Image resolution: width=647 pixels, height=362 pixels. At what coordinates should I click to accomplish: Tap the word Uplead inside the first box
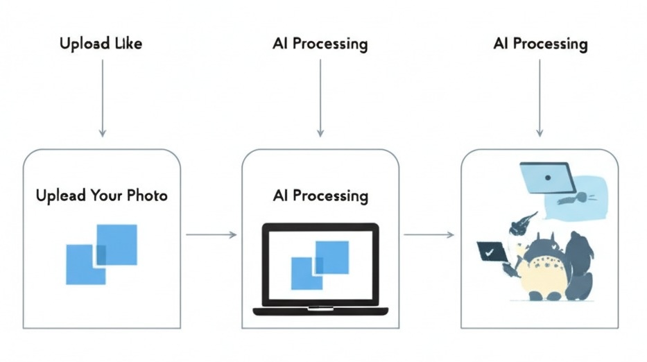coord(61,196)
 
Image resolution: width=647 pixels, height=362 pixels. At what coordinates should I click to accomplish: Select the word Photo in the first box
coord(147,196)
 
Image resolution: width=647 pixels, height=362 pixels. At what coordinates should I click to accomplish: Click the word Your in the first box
coord(106,196)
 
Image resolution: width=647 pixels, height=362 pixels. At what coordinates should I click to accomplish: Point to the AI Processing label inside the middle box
coord(320,196)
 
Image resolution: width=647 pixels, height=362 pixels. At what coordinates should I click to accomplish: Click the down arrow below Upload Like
coord(103,97)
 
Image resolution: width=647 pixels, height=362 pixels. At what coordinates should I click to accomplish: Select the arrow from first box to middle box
coord(212,235)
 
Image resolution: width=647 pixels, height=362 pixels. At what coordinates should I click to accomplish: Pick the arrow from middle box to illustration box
coord(429,235)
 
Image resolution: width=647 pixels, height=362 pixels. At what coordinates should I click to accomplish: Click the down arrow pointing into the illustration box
coord(540,97)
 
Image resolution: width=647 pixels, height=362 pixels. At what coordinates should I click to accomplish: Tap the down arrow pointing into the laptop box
coord(320,97)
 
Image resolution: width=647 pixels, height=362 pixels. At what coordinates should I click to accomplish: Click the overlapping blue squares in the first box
coord(101,254)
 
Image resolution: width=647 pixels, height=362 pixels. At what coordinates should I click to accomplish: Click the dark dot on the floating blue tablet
coord(548,177)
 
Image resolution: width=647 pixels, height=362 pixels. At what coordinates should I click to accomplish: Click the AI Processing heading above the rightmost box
coord(540,44)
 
